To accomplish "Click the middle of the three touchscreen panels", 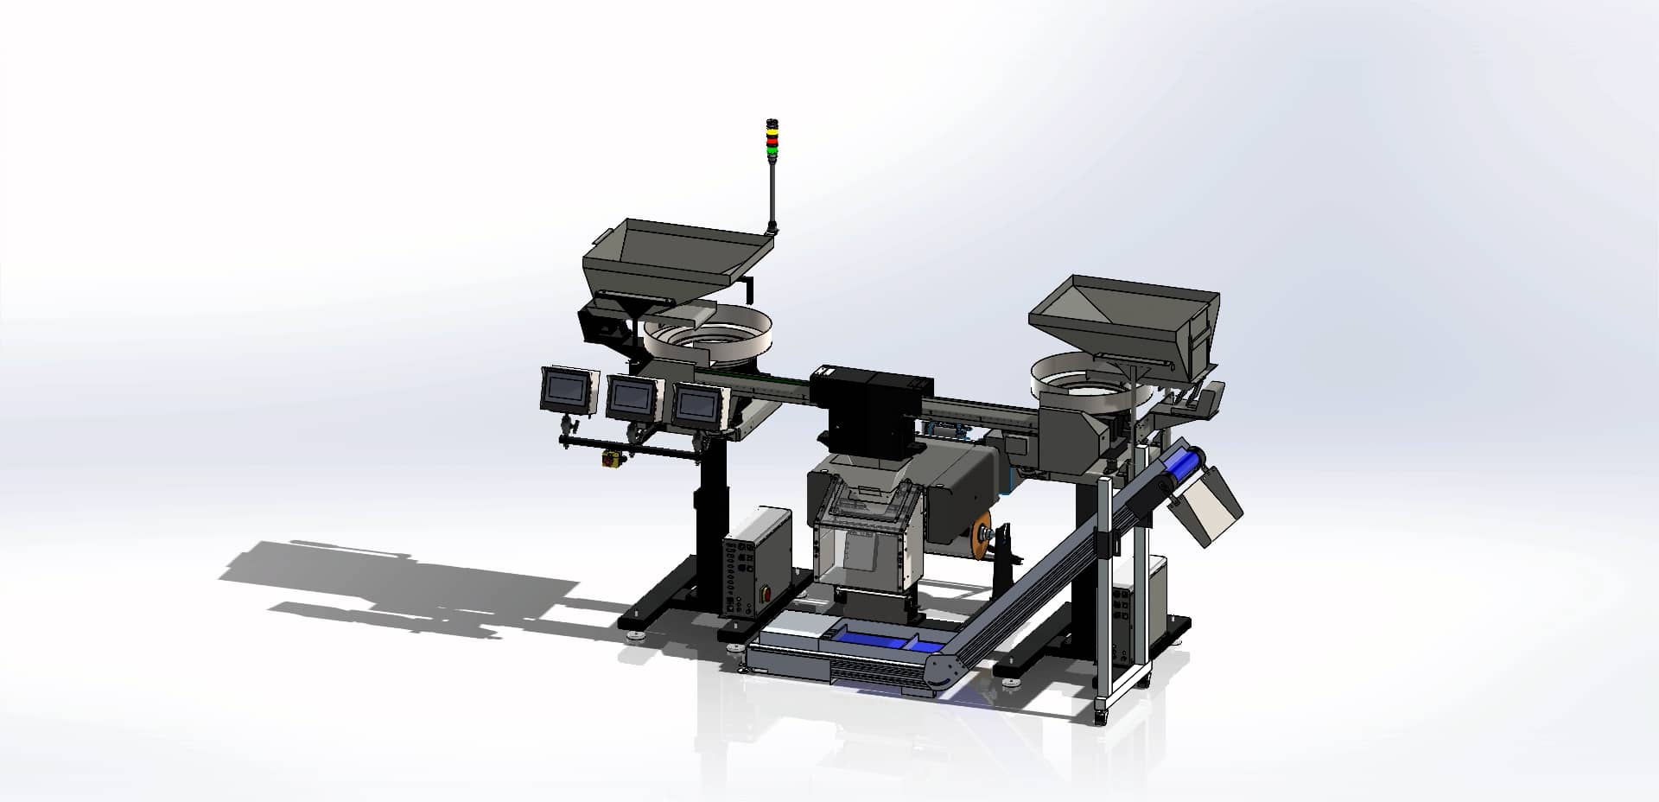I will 629,396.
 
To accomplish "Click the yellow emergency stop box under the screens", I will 610,457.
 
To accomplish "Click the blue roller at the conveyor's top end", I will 1179,468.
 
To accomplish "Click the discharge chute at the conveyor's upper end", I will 1210,508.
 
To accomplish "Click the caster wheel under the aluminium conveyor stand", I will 1101,716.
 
